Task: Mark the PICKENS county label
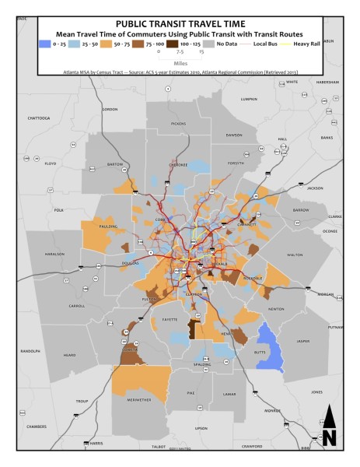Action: [x=178, y=124]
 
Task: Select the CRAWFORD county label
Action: [x=272, y=446]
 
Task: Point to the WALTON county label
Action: [x=294, y=254]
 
